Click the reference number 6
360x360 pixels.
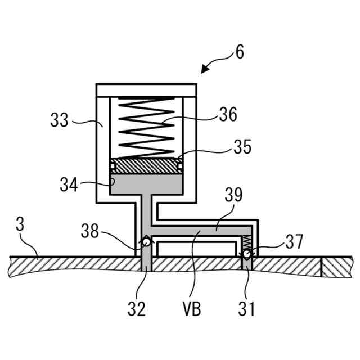239,52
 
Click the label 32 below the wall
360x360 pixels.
136,308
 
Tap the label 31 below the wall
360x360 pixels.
246,308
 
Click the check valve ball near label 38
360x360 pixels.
146,242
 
